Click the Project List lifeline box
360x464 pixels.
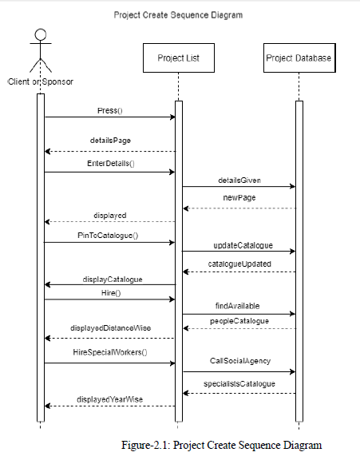point(179,58)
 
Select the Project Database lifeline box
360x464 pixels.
point(298,58)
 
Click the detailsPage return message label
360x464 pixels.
point(110,140)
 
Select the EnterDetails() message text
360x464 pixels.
point(110,163)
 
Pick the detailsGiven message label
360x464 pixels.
point(239,180)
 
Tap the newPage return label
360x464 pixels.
point(239,196)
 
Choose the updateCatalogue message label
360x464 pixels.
point(239,244)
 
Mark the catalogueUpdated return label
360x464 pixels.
point(239,263)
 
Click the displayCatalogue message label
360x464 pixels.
point(110,279)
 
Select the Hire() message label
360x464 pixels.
point(110,293)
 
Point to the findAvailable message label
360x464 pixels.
point(237,306)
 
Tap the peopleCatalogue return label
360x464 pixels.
point(239,320)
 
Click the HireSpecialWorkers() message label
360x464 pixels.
point(110,351)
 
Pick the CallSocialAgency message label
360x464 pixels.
point(239,361)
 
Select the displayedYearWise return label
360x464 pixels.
point(110,399)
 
